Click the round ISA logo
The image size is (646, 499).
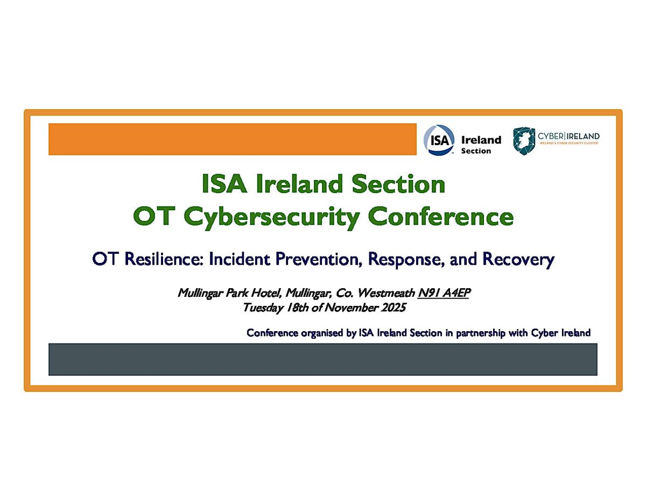pyautogui.click(x=438, y=140)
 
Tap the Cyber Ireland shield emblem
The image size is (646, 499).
pyautogui.click(x=523, y=140)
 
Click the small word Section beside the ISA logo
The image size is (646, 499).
pyautogui.click(x=476, y=151)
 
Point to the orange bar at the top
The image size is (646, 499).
pyautogui.click(x=232, y=139)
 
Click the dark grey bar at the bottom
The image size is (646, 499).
pyautogui.click(x=322, y=359)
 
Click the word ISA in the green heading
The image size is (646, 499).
pyautogui.click(x=224, y=184)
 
